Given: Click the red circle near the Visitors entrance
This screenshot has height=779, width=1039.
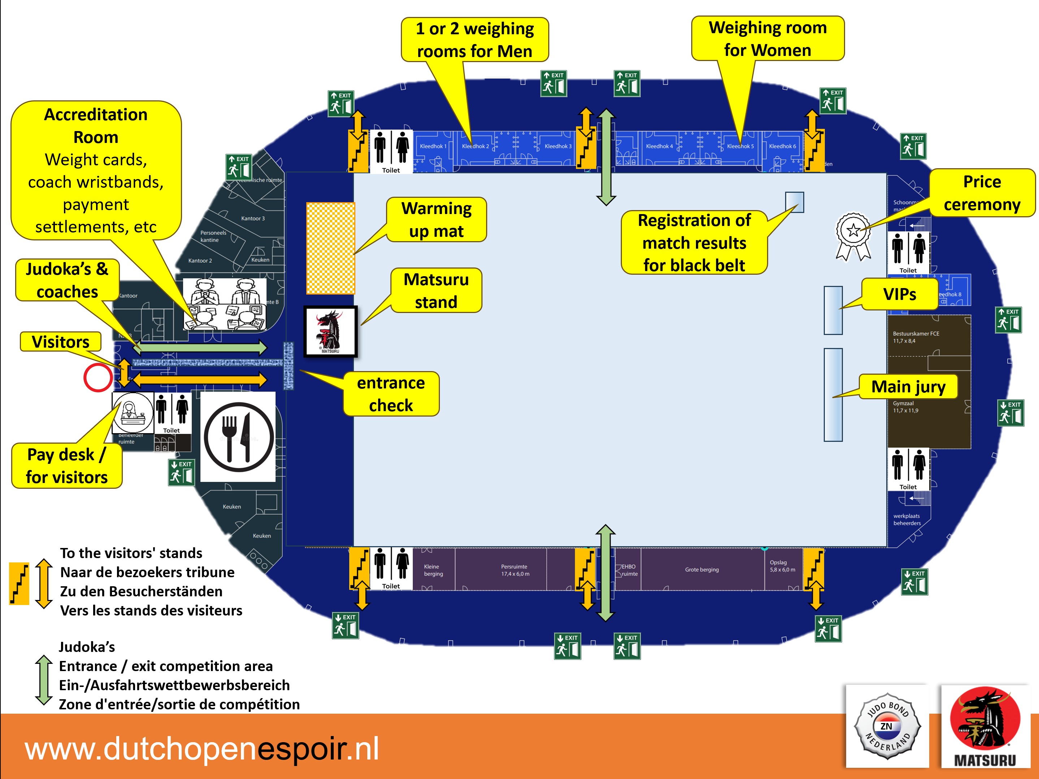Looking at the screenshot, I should click(x=98, y=378).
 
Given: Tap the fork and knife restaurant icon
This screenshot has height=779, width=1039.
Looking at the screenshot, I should click(x=238, y=437).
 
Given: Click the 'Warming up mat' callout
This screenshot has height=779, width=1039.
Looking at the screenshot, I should click(x=436, y=220).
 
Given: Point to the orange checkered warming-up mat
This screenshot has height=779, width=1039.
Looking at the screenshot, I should click(x=330, y=248).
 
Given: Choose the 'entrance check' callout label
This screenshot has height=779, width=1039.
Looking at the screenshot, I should click(x=391, y=394).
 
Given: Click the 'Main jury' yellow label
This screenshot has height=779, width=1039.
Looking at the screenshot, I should click(x=908, y=387).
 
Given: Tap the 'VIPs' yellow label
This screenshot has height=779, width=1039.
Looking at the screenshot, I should click(x=900, y=294).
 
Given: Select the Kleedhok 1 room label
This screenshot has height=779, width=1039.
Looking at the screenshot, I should click(x=433, y=146).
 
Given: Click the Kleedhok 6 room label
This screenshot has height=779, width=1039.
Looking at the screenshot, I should click(x=782, y=146).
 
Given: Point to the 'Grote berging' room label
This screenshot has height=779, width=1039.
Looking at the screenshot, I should click(x=702, y=570).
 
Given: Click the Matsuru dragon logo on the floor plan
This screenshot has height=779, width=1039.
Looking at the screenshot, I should click(x=330, y=331).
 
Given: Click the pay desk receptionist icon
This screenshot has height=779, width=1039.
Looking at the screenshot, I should click(x=133, y=413).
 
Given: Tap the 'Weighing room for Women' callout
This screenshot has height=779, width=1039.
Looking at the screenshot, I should click(x=767, y=39).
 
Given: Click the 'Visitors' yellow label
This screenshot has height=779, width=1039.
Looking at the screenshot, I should click(x=61, y=341).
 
